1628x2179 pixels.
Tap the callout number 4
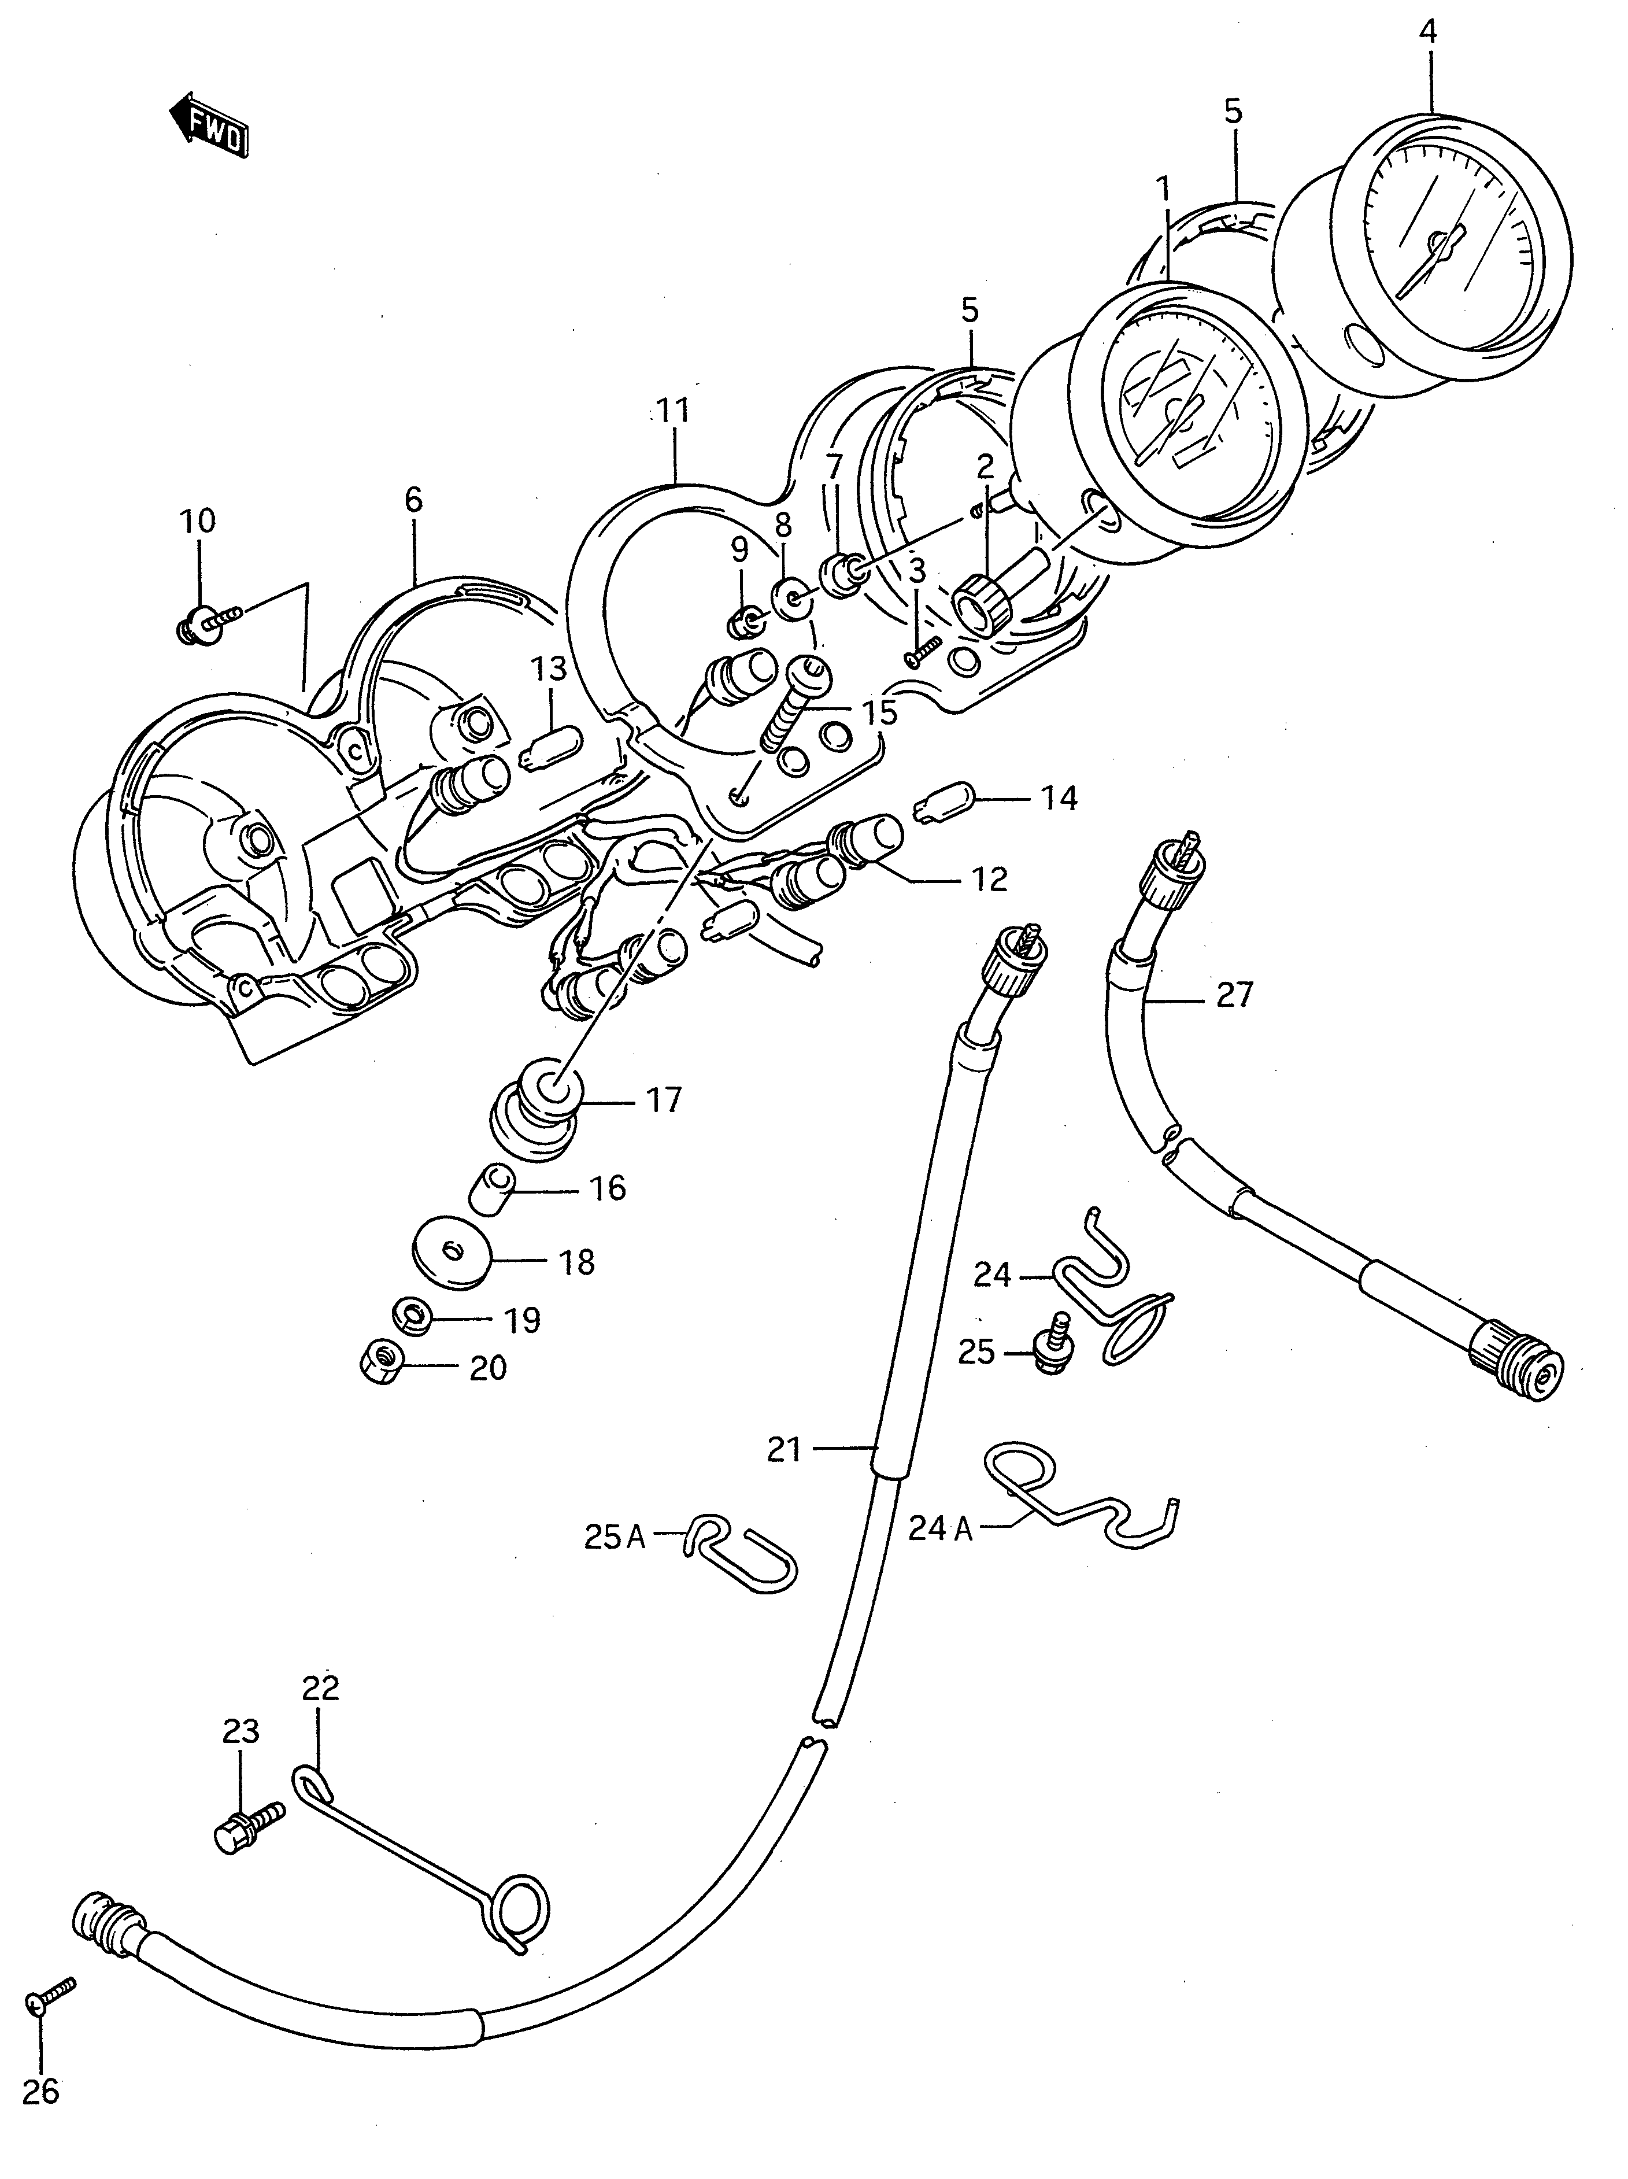coord(1427,32)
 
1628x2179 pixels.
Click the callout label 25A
coord(613,1536)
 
